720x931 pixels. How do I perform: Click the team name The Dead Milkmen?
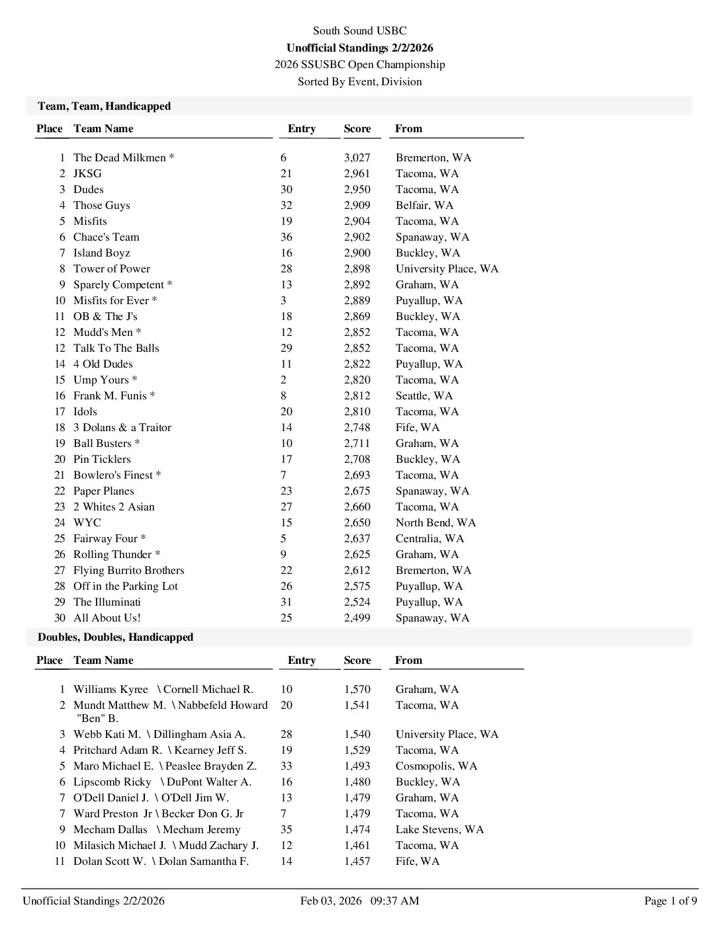(x=120, y=157)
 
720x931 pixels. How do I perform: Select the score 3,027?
(x=357, y=157)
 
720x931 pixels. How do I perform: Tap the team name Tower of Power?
(x=111, y=268)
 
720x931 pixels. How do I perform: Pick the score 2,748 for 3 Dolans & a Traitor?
(x=357, y=427)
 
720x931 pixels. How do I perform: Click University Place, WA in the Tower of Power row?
(x=447, y=268)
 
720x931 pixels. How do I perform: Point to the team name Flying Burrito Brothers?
(x=128, y=570)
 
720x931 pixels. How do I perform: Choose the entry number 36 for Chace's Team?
(x=286, y=237)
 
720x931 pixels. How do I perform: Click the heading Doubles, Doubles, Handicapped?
(x=115, y=637)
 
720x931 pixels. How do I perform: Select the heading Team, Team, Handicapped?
(x=104, y=106)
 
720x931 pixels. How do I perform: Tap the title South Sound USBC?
(x=359, y=30)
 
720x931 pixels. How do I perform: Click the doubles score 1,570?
(x=357, y=689)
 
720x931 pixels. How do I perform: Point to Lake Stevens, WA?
(x=439, y=829)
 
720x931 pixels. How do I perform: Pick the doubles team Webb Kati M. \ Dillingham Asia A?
(x=159, y=734)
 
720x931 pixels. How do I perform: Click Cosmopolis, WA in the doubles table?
(x=436, y=766)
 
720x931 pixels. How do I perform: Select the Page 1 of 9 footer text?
(x=670, y=901)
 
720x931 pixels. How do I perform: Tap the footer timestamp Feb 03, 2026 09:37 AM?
(x=359, y=901)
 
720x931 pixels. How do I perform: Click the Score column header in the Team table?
(x=357, y=128)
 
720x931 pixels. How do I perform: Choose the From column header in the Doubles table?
(x=408, y=660)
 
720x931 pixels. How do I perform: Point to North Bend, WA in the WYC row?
(x=435, y=522)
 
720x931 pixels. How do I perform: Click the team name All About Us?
(x=107, y=618)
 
